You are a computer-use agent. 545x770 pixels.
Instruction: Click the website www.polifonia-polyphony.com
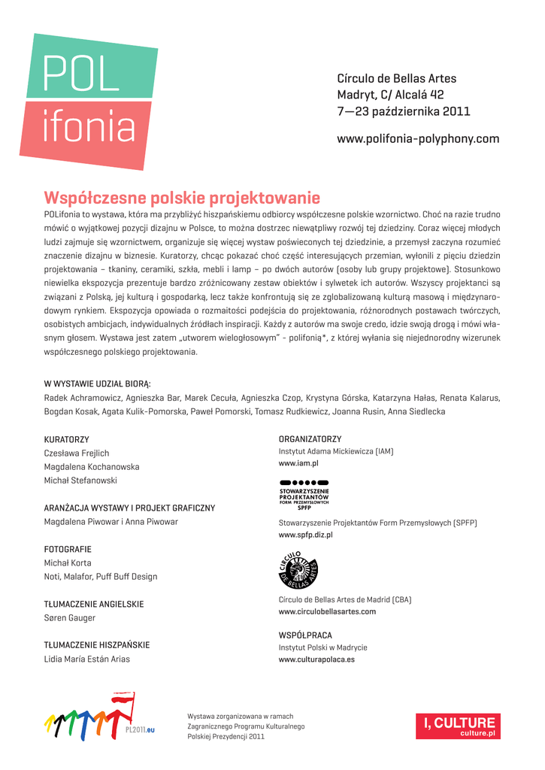[418, 139]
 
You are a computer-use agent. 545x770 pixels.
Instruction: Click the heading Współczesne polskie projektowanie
[182, 198]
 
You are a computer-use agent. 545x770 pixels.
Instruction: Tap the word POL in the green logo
[71, 74]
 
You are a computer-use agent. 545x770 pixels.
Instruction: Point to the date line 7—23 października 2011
[404, 112]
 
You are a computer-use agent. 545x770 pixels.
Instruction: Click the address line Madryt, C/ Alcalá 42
[390, 95]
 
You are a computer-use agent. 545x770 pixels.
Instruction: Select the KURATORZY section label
[67, 438]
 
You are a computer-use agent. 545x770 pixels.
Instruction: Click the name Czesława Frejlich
[77, 453]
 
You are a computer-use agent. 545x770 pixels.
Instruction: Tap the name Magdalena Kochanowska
[92, 466]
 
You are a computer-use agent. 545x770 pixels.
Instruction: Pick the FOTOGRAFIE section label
[68, 549]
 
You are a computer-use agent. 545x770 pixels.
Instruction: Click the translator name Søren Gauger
[70, 618]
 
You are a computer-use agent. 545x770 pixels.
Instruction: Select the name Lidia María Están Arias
[87, 659]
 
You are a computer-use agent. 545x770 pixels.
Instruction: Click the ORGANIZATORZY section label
[310, 438]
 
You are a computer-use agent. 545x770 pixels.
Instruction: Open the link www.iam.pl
[298, 464]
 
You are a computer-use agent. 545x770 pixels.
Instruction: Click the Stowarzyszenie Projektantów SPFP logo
[304, 495]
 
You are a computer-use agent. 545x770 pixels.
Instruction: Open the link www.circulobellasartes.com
[327, 612]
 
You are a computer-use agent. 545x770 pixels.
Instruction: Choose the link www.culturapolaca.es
[316, 659]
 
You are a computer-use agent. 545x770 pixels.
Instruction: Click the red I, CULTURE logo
[462, 726]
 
